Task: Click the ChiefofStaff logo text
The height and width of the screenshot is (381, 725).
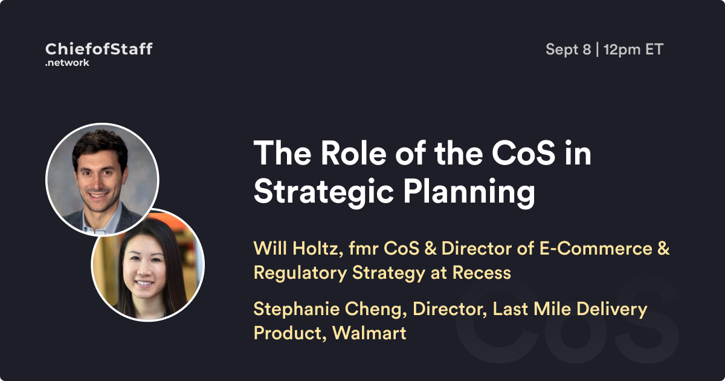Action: pos(98,49)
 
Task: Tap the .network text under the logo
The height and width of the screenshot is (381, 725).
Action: pos(67,62)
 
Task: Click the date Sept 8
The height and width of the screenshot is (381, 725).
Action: pos(568,50)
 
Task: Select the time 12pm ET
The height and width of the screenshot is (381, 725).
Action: pos(633,50)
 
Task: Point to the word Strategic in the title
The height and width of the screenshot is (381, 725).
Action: pos(323,192)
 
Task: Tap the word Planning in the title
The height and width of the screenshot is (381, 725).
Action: pos(469,192)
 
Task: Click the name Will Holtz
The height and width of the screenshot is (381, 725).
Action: pos(298,249)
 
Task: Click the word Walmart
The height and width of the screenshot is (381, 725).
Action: pos(369,333)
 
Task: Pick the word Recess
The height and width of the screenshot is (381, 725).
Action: pos(482,273)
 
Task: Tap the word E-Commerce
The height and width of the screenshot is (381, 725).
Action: pos(596,249)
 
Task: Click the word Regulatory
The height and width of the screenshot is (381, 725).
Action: pos(300,273)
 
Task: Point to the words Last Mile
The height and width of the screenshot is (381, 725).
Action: pos(532,309)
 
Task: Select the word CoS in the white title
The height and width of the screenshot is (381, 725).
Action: pos(524,153)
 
